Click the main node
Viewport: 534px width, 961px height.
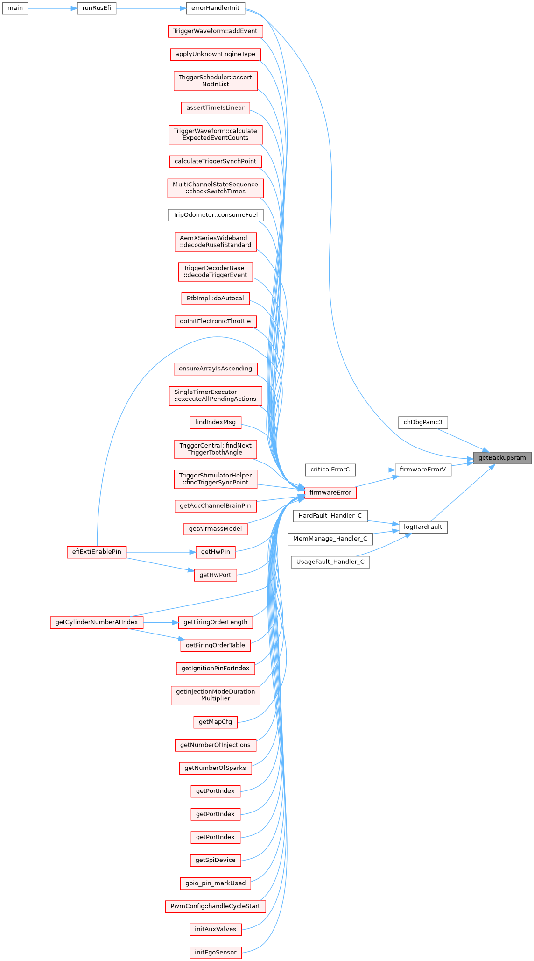pyautogui.click(x=15, y=8)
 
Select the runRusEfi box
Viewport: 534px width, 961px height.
pyautogui.click(x=97, y=8)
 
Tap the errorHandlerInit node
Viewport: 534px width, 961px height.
pyautogui.click(x=215, y=8)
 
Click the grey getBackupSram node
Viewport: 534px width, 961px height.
pyautogui.click(x=502, y=458)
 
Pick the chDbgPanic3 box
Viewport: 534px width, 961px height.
pyautogui.click(x=423, y=422)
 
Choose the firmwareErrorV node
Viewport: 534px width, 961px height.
pyautogui.click(x=423, y=470)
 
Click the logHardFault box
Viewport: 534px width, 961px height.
pyautogui.click(x=423, y=527)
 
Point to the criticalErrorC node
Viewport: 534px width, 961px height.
pyautogui.click(x=330, y=470)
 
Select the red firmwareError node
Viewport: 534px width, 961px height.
pyautogui.click(x=330, y=492)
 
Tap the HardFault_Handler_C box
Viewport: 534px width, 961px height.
pyautogui.click(x=330, y=516)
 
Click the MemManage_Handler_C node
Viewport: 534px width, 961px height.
pyautogui.click(x=330, y=539)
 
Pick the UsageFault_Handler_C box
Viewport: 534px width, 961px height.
pyautogui.click(x=330, y=562)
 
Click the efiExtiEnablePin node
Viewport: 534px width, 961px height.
pyautogui.click(x=97, y=552)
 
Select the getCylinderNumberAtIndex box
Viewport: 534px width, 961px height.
pyautogui.click(x=97, y=622)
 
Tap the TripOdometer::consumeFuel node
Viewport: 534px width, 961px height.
pyautogui.click(x=215, y=215)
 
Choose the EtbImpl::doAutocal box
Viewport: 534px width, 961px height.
pyautogui.click(x=215, y=298)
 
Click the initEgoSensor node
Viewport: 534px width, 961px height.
pyautogui.click(x=215, y=952)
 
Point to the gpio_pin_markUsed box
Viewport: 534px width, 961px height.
pyautogui.click(x=215, y=883)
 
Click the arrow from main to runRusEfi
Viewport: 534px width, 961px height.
pyautogui.click(x=53, y=8)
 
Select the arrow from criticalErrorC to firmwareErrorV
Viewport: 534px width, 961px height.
pyautogui.click(x=375, y=470)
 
